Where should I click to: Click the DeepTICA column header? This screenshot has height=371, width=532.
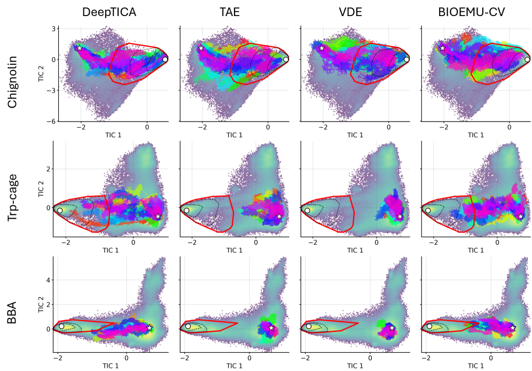(x=109, y=13)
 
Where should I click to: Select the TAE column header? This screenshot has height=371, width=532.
(x=230, y=13)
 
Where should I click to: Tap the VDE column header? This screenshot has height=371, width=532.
(x=350, y=13)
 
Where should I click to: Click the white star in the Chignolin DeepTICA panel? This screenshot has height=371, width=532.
(x=80, y=48)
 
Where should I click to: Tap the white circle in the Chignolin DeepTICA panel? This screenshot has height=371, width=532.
(x=165, y=59)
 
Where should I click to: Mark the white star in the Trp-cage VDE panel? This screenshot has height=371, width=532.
(x=400, y=216)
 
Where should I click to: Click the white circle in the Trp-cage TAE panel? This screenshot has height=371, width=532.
(x=186, y=211)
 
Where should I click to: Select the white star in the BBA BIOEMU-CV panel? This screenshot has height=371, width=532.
(x=513, y=327)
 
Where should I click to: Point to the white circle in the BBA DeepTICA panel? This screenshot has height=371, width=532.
(x=61, y=326)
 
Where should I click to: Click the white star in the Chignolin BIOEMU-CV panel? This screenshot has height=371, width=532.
(x=442, y=48)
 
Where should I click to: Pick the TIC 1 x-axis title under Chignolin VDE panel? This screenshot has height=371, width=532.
(x=355, y=135)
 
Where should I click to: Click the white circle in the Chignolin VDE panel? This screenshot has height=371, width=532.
(x=406, y=59)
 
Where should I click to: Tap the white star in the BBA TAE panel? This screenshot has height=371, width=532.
(x=271, y=327)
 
